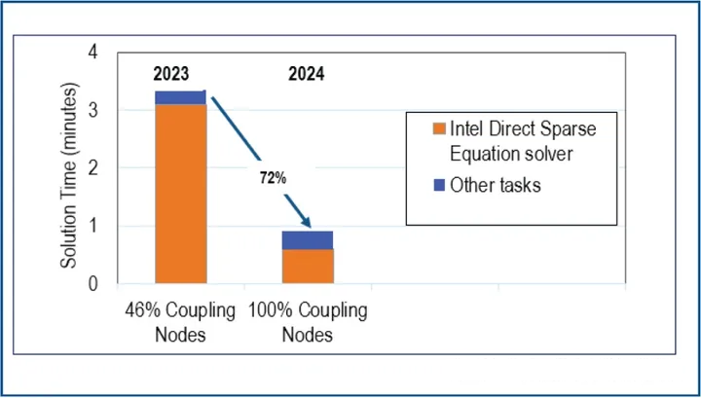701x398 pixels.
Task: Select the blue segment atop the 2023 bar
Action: [180, 96]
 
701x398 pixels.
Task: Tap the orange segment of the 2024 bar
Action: [308, 267]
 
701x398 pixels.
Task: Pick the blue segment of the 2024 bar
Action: [308, 239]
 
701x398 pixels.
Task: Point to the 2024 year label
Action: [308, 74]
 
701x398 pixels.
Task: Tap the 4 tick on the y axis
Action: [92, 52]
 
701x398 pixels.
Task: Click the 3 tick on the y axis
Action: [92, 110]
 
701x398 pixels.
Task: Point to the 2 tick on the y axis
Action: [92, 168]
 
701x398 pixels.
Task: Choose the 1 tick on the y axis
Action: [92, 227]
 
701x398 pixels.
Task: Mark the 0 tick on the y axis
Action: [92, 284]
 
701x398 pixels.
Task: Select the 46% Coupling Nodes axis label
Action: [180, 323]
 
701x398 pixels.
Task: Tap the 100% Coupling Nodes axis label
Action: [308, 323]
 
